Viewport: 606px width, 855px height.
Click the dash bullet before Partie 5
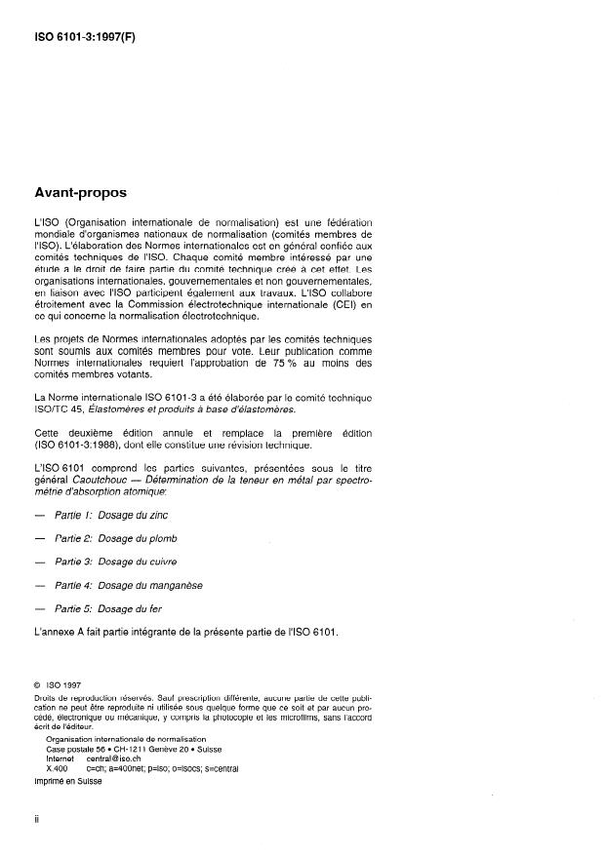pyautogui.click(x=39, y=608)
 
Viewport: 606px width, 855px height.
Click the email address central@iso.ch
pyautogui.click(x=117, y=758)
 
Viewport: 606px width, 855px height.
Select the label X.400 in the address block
pyautogui.click(x=56, y=767)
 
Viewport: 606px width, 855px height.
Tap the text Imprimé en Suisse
pyautogui.click(x=68, y=780)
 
